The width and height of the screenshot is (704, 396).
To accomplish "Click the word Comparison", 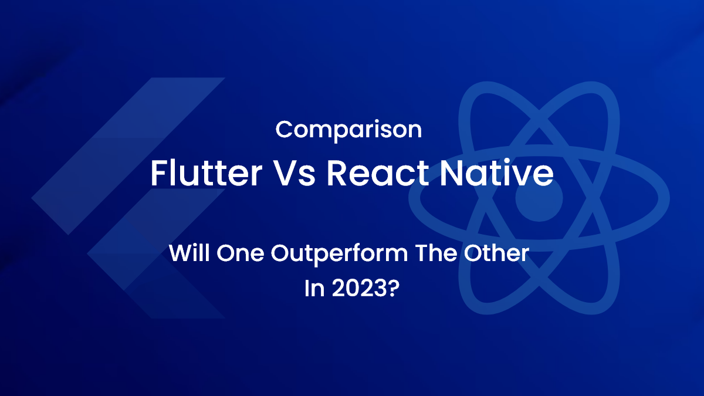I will point(348,130).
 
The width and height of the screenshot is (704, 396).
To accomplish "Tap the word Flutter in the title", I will point(205,173).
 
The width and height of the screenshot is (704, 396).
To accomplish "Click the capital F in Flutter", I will point(158,173).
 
